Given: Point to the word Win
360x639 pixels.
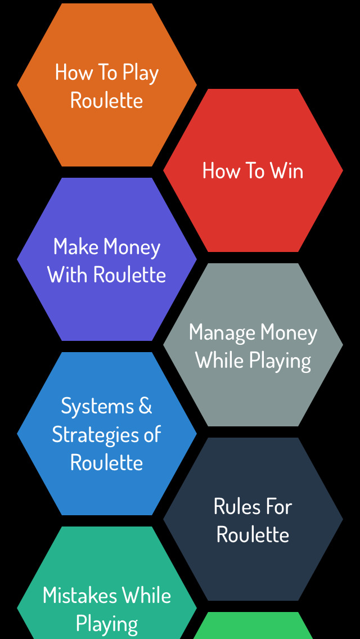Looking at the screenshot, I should pyautogui.click(x=286, y=171).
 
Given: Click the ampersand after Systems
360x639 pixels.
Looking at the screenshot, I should pyautogui.click(x=145, y=406).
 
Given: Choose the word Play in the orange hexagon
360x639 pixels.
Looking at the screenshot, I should pyautogui.click(x=141, y=74).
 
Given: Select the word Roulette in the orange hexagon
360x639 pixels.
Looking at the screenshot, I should pyautogui.click(x=106, y=101).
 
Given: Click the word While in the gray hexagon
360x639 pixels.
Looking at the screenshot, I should pyautogui.click(x=219, y=361).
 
